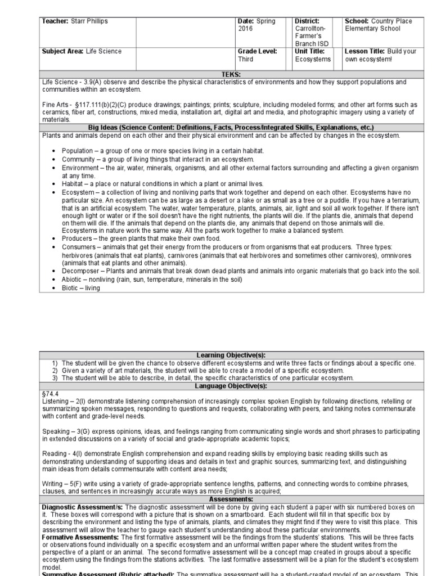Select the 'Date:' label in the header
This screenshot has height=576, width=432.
tap(247, 21)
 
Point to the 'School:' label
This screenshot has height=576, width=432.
tap(358, 21)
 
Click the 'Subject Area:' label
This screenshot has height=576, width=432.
tap(64, 52)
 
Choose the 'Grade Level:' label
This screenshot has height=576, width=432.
tap(257, 52)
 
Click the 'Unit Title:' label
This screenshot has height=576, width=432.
tap(309, 52)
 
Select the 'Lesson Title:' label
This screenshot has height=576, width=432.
tap(364, 52)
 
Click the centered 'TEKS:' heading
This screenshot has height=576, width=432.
tap(231, 74)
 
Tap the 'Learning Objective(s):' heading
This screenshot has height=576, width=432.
tap(231, 355)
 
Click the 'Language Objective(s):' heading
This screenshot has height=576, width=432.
tap(231, 386)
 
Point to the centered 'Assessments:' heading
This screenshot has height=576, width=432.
tap(231, 499)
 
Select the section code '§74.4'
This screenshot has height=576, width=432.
tap(49, 394)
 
